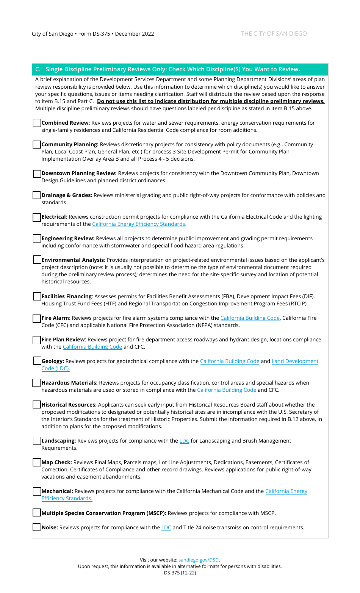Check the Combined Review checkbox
point(37,123)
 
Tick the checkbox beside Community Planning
point(37,145)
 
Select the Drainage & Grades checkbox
point(37,195)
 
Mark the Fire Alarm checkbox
point(37,318)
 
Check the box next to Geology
point(37,361)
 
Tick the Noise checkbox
point(37,527)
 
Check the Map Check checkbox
point(37,462)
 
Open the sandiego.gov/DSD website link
point(199,560)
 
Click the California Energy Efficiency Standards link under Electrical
point(138,224)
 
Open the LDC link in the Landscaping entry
point(184,441)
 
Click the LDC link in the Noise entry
point(166,527)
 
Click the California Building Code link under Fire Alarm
point(250,318)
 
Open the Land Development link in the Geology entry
point(295,361)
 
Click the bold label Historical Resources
point(69,405)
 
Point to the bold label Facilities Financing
point(67,296)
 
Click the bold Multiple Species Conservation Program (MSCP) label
point(104,513)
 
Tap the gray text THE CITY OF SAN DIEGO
point(274,34)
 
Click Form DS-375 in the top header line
point(94,34)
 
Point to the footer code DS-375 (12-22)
point(180,573)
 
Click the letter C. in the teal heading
point(38,69)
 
